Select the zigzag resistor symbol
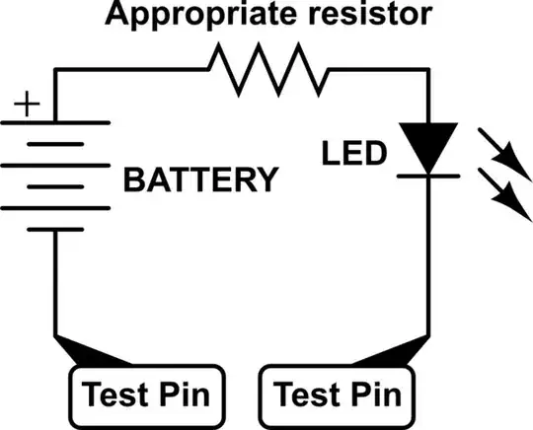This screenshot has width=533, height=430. click(266, 73)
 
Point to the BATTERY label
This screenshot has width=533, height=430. click(199, 180)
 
